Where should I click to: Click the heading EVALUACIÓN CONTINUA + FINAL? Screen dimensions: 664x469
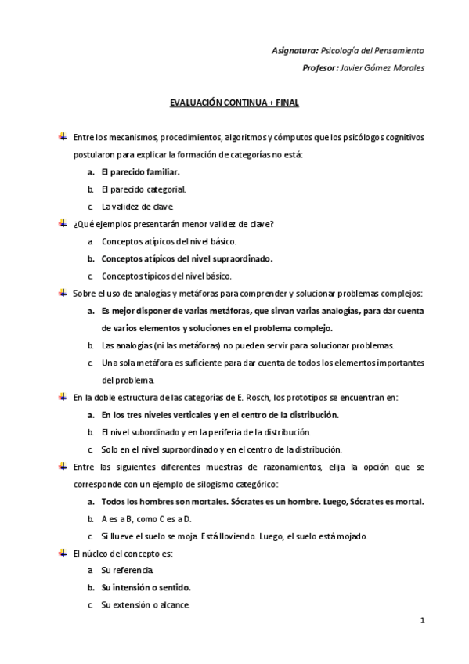(234, 103)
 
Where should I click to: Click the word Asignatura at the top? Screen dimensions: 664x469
(294, 50)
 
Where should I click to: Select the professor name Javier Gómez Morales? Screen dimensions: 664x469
(384, 68)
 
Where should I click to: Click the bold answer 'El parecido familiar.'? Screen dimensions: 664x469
(141, 171)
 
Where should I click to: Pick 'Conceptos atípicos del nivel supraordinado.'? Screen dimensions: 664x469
(186, 258)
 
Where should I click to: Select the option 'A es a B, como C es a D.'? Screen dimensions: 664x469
(146, 519)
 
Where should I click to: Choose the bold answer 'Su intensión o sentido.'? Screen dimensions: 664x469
(146, 587)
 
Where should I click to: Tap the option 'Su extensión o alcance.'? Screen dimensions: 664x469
(145, 604)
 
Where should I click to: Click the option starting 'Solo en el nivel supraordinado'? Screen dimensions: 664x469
(211, 449)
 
